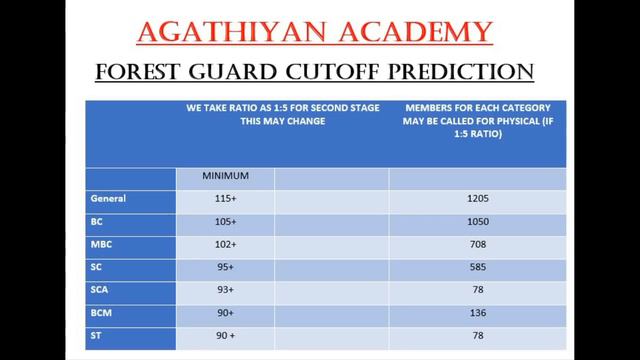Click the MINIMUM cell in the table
point(225,176)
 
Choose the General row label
point(107,198)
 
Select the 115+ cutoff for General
point(224,199)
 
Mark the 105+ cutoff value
point(224,221)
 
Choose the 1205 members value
point(477,199)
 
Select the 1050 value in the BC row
point(477,221)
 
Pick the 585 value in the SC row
point(477,266)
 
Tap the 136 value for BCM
point(477,311)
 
